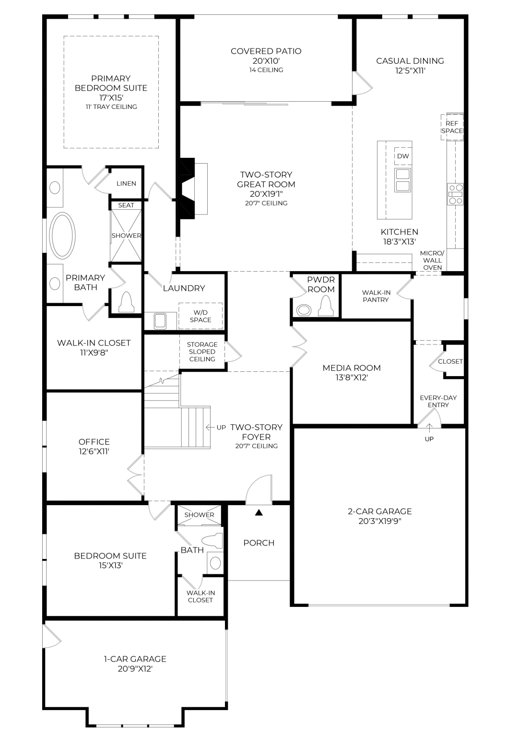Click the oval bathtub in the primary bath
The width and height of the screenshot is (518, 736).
tap(62, 235)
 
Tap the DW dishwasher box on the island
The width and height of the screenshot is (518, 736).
tap(403, 156)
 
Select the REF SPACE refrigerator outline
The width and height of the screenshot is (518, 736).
tap(452, 127)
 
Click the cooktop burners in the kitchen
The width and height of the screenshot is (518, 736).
tap(455, 194)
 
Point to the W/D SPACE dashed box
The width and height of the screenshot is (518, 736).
tap(200, 316)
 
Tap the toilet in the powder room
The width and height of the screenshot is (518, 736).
tap(326, 306)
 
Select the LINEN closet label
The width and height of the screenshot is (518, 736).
tap(126, 183)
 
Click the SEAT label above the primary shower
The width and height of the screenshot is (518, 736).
tap(126, 205)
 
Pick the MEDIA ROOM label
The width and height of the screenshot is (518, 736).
tap(352, 368)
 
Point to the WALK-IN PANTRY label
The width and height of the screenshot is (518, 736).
tap(376, 296)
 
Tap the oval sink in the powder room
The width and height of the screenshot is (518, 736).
tap(304, 310)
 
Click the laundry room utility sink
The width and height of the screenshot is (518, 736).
tap(160, 321)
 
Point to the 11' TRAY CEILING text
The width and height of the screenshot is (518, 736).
tap(111, 107)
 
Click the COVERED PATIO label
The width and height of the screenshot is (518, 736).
tap(266, 51)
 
